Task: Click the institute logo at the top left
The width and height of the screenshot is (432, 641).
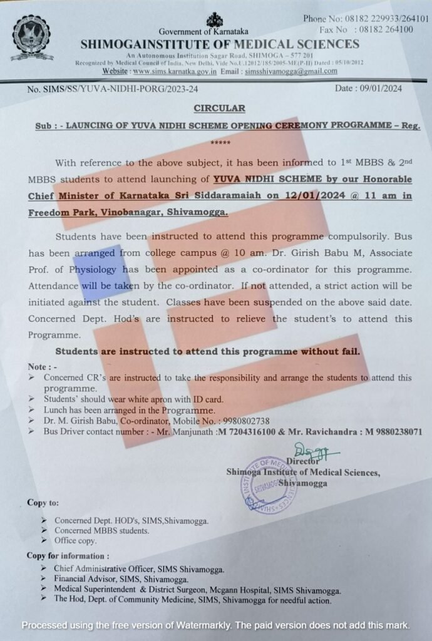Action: click(x=32, y=36)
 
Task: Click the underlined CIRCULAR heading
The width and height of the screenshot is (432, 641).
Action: click(x=219, y=108)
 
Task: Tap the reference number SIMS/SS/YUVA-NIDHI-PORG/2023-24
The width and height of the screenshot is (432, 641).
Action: click(x=114, y=90)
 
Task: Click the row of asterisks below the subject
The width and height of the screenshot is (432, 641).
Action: click(x=220, y=143)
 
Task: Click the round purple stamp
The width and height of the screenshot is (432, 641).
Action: click(x=269, y=485)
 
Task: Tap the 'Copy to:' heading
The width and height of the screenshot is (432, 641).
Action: click(x=43, y=502)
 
